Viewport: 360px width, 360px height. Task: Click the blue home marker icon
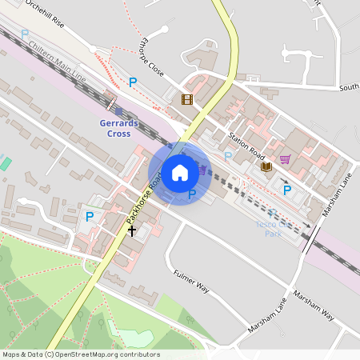pos(179,173)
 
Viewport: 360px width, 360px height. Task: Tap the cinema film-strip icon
pos(186,99)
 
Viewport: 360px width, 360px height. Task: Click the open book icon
pos(266,166)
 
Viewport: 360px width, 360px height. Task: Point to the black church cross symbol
pos(132,230)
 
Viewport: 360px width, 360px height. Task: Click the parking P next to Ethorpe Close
pos(133,82)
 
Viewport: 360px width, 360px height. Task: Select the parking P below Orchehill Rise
pos(25,34)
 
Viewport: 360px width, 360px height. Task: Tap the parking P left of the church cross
pos(90,217)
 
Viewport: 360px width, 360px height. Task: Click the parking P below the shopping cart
pos(286,190)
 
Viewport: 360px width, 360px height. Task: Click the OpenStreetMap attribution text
pos(80,354)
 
